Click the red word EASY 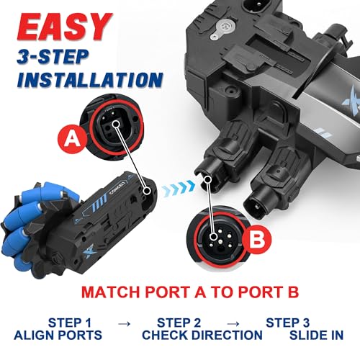[x=64, y=27]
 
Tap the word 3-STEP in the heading [x=53, y=57]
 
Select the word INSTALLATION [x=90, y=79]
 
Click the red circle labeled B [x=257, y=239]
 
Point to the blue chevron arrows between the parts [x=178, y=187]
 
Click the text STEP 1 [x=70, y=323]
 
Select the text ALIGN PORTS [x=58, y=335]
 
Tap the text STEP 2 [x=179, y=323]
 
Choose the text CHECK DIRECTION [x=202, y=335]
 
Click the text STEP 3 [x=287, y=323]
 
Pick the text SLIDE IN [x=316, y=335]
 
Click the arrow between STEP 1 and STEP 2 [x=125, y=324]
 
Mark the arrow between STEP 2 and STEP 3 [x=233, y=324]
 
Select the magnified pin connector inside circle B [x=219, y=238]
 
